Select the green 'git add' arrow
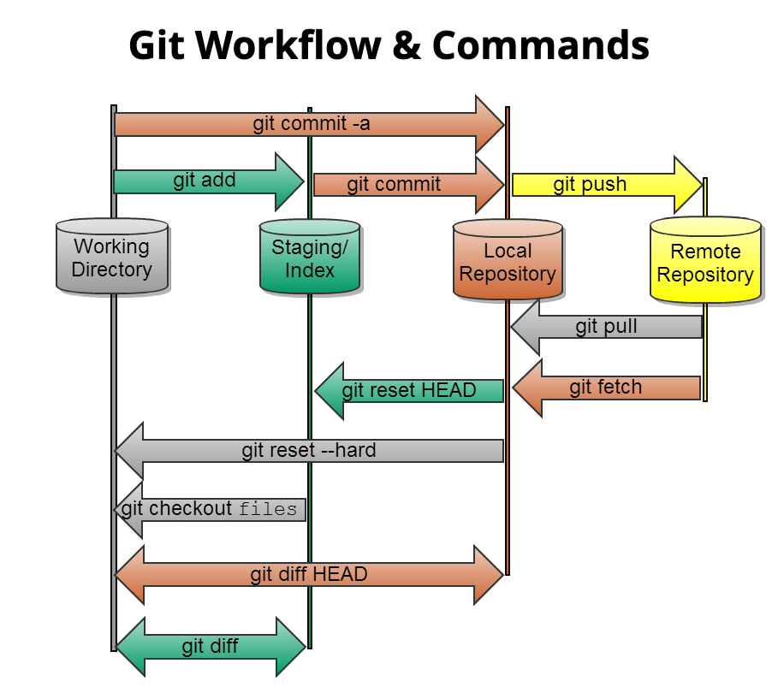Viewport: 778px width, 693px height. click(205, 181)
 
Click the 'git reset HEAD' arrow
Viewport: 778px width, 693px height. click(409, 391)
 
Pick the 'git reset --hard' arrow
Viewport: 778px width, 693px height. click(308, 451)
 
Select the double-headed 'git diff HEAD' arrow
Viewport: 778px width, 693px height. click(308, 574)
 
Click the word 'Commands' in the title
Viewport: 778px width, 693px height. click(540, 45)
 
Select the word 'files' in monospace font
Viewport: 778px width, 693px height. click(268, 510)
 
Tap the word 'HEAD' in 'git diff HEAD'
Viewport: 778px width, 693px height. click(340, 574)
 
